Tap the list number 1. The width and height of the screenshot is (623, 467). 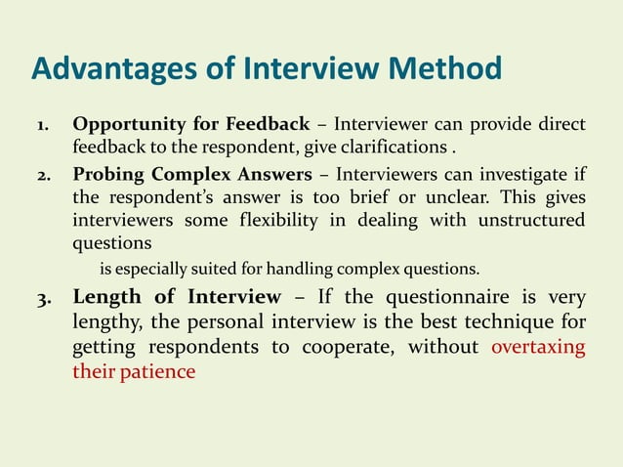[x=45, y=126]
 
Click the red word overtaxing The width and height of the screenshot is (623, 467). [x=538, y=349]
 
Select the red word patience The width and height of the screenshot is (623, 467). [x=160, y=372]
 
